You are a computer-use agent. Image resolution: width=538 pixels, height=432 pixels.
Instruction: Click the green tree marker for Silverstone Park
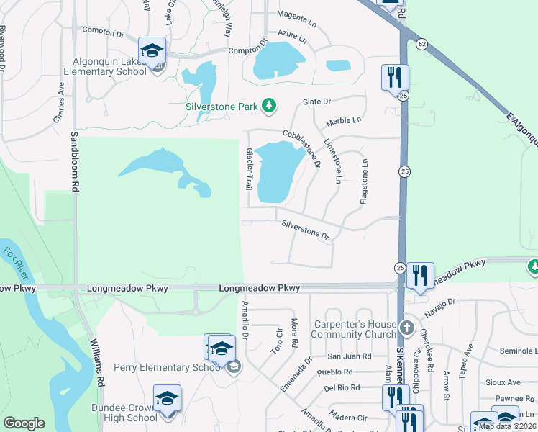coord(269,107)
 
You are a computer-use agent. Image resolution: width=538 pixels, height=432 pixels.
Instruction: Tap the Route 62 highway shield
coord(421,44)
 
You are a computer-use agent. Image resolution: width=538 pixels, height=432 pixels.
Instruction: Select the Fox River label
coord(17,263)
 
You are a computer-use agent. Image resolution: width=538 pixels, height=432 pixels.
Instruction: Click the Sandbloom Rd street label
coord(74,161)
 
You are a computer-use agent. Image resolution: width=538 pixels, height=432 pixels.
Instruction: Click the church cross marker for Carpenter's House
coord(407,328)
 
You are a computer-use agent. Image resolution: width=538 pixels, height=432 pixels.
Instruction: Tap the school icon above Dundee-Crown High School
coord(167,398)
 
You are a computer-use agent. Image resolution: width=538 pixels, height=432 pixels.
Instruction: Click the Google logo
coord(24,423)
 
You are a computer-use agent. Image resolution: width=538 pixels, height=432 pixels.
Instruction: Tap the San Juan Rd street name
coord(349,356)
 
